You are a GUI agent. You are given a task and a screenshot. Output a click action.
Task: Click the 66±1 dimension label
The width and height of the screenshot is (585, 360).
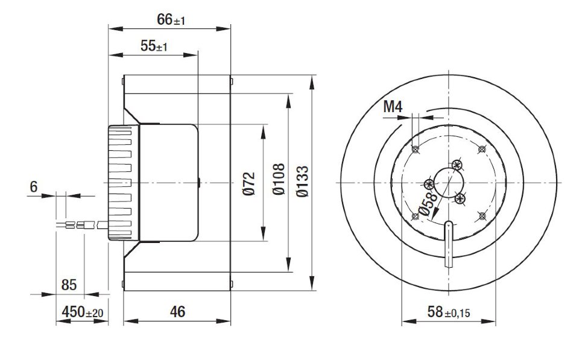(x=171, y=20)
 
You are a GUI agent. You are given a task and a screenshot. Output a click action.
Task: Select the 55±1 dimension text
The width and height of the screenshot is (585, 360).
(x=154, y=46)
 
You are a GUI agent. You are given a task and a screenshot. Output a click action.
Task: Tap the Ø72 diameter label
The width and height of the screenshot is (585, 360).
(x=249, y=183)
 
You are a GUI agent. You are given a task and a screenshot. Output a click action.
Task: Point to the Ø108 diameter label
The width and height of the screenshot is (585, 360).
(x=279, y=179)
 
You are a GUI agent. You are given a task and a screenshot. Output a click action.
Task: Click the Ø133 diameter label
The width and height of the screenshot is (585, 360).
(x=302, y=182)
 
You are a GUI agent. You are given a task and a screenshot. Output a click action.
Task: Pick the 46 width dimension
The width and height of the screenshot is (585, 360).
(x=177, y=312)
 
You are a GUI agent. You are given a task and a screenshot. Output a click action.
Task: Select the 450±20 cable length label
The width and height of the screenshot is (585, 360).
(x=83, y=312)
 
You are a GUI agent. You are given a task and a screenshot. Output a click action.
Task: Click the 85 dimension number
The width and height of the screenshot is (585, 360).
(x=69, y=285)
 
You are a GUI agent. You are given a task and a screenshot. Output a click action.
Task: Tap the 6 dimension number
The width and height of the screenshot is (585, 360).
(x=34, y=186)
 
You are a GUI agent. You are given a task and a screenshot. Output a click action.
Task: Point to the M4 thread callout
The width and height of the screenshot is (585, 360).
(x=393, y=107)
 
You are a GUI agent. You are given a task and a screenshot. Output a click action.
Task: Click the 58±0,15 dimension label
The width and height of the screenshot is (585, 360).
(x=449, y=312)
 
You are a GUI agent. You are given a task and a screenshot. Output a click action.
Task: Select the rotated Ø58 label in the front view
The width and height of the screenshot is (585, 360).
(x=428, y=204)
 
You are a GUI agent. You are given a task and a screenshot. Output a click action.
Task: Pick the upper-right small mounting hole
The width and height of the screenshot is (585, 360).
(x=482, y=149)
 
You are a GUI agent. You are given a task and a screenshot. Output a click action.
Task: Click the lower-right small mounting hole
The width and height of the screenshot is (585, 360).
(x=482, y=216)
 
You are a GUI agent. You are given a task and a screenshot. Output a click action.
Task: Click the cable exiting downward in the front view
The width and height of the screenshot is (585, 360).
(x=449, y=244)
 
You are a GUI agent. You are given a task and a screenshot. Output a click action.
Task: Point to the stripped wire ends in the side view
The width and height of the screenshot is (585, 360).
(x=71, y=225)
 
